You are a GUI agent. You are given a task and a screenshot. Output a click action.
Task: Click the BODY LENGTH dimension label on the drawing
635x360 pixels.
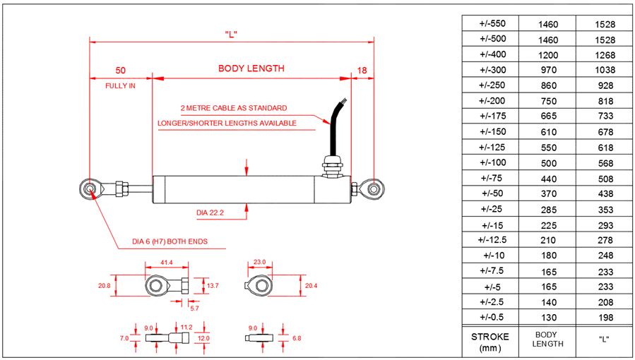(x=251, y=68)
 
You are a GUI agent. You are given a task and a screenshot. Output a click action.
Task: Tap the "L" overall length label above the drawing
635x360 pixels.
(x=230, y=34)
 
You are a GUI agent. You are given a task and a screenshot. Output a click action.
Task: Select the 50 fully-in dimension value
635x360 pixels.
(x=121, y=70)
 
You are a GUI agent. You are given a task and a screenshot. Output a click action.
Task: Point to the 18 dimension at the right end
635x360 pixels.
(x=362, y=70)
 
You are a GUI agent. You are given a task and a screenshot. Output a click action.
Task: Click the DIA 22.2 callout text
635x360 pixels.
(x=210, y=212)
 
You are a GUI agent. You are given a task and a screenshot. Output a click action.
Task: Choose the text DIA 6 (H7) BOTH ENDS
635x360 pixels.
(x=170, y=241)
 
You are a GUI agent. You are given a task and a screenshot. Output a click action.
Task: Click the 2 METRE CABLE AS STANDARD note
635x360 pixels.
(x=234, y=108)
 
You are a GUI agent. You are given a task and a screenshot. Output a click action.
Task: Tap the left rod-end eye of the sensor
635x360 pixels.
(x=90, y=188)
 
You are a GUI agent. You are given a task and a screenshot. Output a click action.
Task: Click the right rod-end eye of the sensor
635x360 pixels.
(x=373, y=188)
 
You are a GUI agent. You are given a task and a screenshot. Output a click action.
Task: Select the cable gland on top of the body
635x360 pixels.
(x=331, y=167)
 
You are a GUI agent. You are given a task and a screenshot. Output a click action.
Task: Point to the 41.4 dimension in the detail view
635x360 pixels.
(x=167, y=262)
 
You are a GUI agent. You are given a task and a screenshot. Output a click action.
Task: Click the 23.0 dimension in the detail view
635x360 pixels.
(x=259, y=262)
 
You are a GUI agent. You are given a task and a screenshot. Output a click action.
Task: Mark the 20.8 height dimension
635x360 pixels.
(x=105, y=286)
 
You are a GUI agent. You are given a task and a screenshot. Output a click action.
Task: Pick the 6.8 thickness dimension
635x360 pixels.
(x=297, y=338)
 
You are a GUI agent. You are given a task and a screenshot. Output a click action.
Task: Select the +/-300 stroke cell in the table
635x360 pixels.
(x=489, y=70)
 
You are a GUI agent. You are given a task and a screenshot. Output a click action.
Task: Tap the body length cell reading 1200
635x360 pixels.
(x=548, y=54)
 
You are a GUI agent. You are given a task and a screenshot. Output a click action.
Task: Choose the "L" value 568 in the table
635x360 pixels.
(x=605, y=163)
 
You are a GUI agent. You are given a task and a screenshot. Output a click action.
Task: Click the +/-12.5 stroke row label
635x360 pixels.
(x=489, y=240)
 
